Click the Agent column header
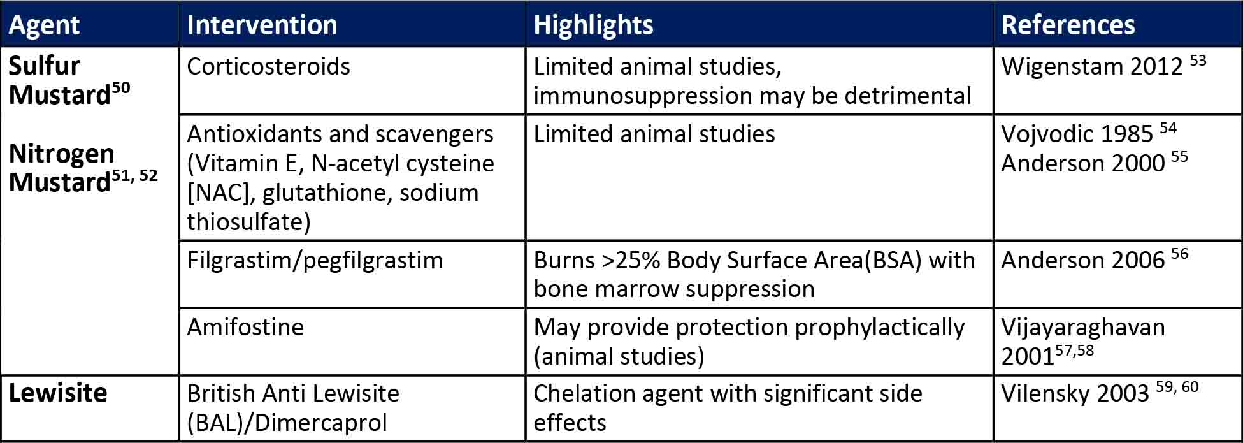pos(44,25)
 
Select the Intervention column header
pos(262,25)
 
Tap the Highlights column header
pos(593,25)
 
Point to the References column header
pos(1068,25)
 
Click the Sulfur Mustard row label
pos(69,80)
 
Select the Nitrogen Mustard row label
pos(83,168)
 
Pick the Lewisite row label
pos(57,393)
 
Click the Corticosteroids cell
pos(268,66)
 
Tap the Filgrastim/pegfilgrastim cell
pos(315,260)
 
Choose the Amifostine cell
pos(245,327)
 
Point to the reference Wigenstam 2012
pos(1103,66)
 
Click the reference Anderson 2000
pos(1095,163)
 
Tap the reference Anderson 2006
pos(1095,259)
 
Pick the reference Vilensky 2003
pos(1100,393)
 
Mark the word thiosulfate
pos(248,222)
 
